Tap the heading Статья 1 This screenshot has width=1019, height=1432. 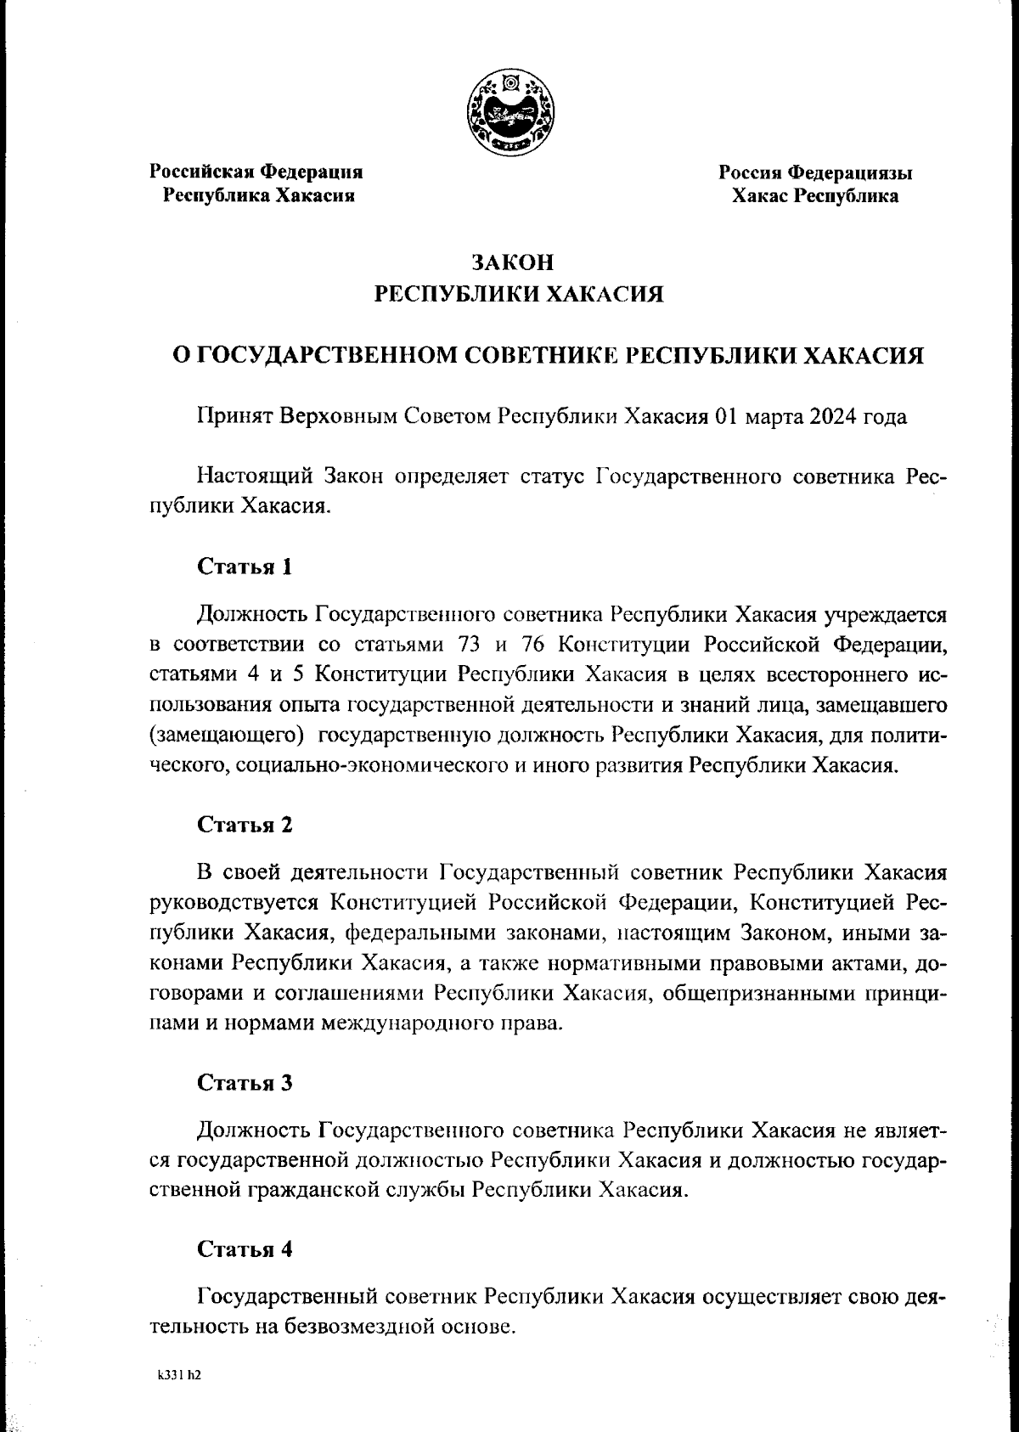245,567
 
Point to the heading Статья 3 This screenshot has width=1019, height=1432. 245,1083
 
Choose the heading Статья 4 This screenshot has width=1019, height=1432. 245,1249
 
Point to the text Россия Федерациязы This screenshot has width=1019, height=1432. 815,173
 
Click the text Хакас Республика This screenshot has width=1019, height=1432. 815,197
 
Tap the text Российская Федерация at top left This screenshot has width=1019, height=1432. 256,172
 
